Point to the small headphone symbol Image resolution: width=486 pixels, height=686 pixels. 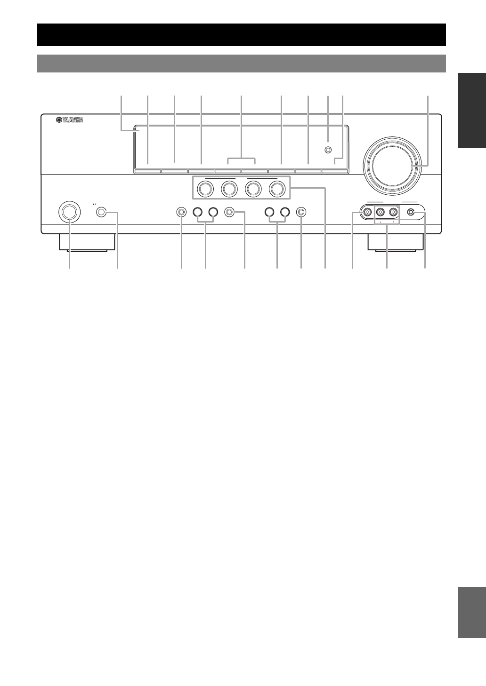(95, 204)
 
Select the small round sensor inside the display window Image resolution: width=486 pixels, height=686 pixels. (328, 150)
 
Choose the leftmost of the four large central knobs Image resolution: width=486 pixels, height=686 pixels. (205, 189)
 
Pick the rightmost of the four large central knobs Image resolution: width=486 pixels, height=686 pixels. (277, 189)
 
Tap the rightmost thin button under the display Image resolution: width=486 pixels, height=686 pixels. (335, 172)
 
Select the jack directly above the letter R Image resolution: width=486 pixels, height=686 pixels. (393, 213)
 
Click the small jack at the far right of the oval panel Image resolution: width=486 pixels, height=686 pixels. (412, 213)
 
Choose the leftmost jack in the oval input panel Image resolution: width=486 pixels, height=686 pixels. (367, 213)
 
